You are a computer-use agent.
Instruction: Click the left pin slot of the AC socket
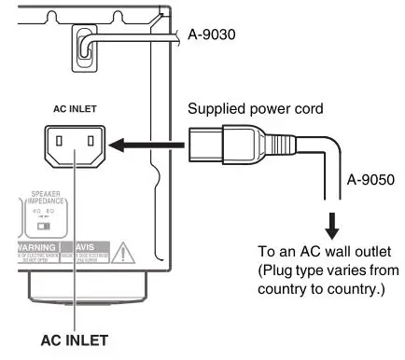pyautogui.click(x=63, y=144)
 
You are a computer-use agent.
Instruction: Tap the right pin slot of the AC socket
pyautogui.click(x=90, y=144)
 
